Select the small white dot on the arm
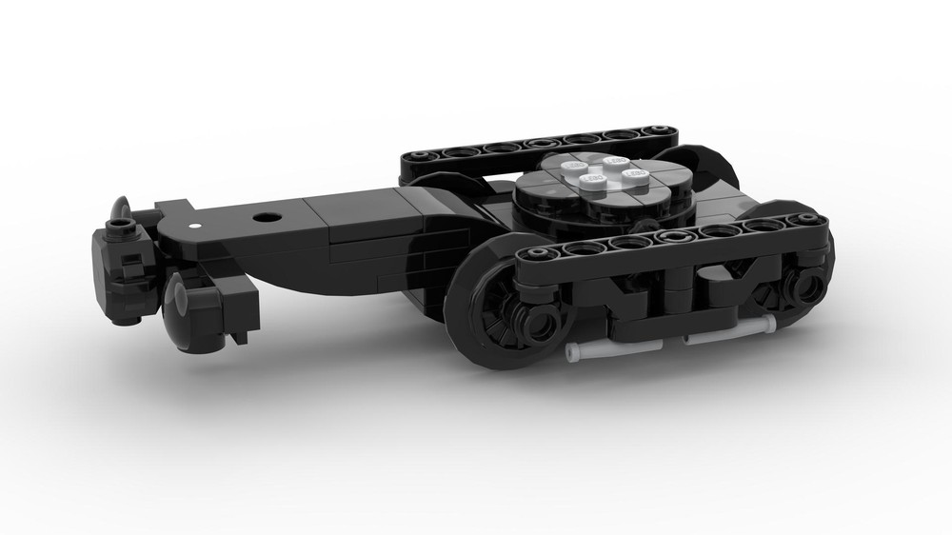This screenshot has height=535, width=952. [196, 226]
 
